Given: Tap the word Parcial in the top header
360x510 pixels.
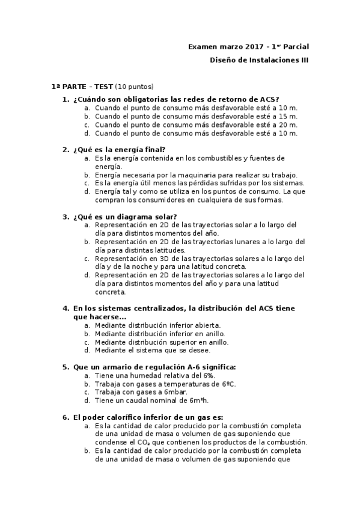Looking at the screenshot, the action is coord(294,46).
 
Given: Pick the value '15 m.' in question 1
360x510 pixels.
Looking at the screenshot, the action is coord(288,116).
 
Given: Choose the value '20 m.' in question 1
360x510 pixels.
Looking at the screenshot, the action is coord(288,124).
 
